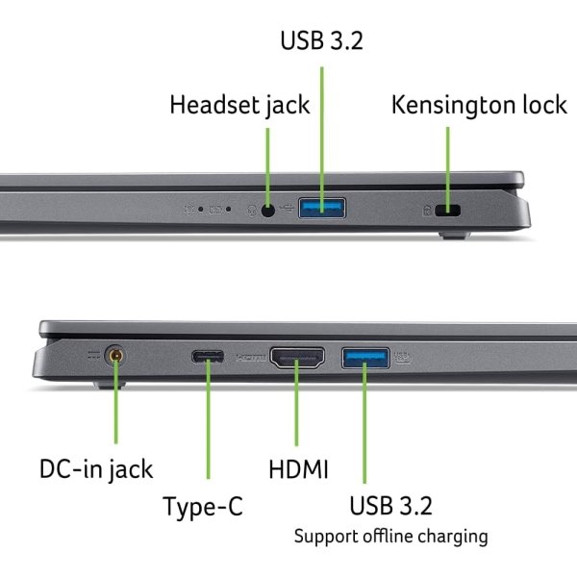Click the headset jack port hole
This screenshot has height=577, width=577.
click(267, 207)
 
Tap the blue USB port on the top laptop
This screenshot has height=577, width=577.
click(322, 207)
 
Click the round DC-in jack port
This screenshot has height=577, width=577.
click(116, 358)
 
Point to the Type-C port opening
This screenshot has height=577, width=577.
click(208, 359)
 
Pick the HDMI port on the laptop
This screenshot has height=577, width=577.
click(298, 359)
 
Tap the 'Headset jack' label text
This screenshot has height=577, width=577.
click(239, 104)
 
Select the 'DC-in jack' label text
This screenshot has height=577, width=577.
click(96, 469)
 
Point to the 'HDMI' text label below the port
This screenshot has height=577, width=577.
click(298, 469)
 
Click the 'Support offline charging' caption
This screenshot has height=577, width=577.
click(390, 536)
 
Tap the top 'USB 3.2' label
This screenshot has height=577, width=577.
click(323, 41)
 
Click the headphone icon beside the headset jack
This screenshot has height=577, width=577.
click(252, 208)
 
